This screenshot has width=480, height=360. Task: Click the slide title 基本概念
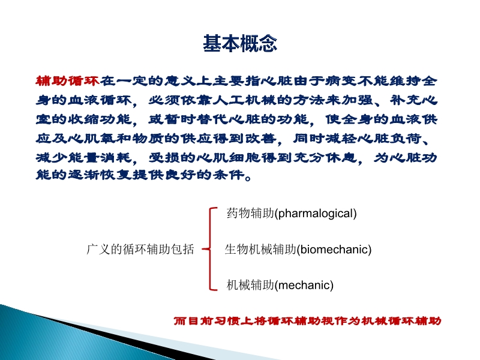(240, 44)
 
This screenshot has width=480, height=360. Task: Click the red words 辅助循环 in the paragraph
(68, 80)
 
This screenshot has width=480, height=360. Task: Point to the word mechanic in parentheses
(304, 285)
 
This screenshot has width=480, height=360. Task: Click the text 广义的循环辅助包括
(140, 250)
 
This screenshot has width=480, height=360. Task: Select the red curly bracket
(209, 249)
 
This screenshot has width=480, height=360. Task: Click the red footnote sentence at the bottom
(307, 321)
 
